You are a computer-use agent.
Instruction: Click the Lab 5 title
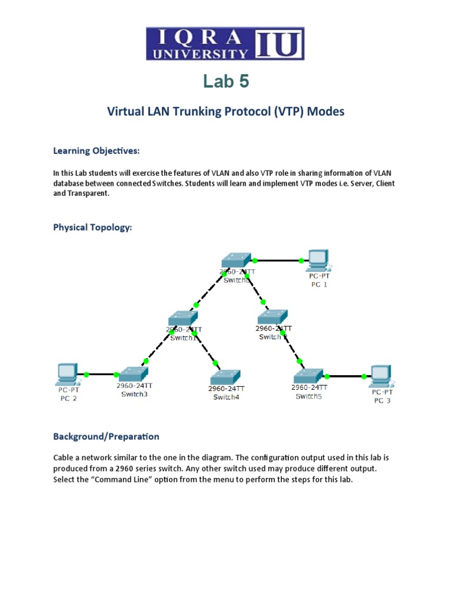pyautogui.click(x=226, y=82)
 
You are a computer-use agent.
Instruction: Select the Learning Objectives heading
pyautogui.click(x=97, y=151)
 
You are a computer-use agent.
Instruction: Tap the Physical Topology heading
pyautogui.click(x=92, y=228)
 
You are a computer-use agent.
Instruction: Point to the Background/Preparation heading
pyautogui.click(x=106, y=436)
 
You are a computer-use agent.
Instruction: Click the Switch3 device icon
pyautogui.click(x=132, y=373)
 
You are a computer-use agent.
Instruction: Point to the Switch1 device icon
pyautogui.click(x=183, y=318)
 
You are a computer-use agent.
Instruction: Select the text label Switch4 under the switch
pyautogui.click(x=226, y=397)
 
